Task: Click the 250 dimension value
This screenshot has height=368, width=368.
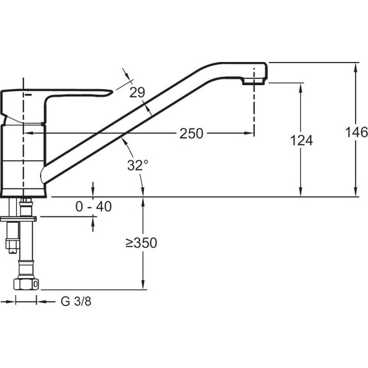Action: pyautogui.click(x=191, y=134)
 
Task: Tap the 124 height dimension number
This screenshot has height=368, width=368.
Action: pyautogui.click(x=302, y=140)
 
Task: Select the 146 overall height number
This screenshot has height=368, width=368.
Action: pyautogui.click(x=356, y=132)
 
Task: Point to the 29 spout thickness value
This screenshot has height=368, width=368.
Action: pyautogui.click(x=138, y=92)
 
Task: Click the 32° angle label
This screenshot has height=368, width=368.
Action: pyautogui.click(x=138, y=165)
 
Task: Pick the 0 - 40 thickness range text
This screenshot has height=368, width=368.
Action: pyautogui.click(x=94, y=207)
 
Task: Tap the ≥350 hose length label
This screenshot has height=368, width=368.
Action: pyautogui.click(x=141, y=243)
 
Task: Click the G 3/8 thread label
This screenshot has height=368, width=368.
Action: pyautogui.click(x=76, y=302)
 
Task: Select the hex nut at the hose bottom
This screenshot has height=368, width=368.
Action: pyautogui.click(x=26, y=284)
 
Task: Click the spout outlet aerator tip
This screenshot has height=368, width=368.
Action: pyautogui.click(x=254, y=81)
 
